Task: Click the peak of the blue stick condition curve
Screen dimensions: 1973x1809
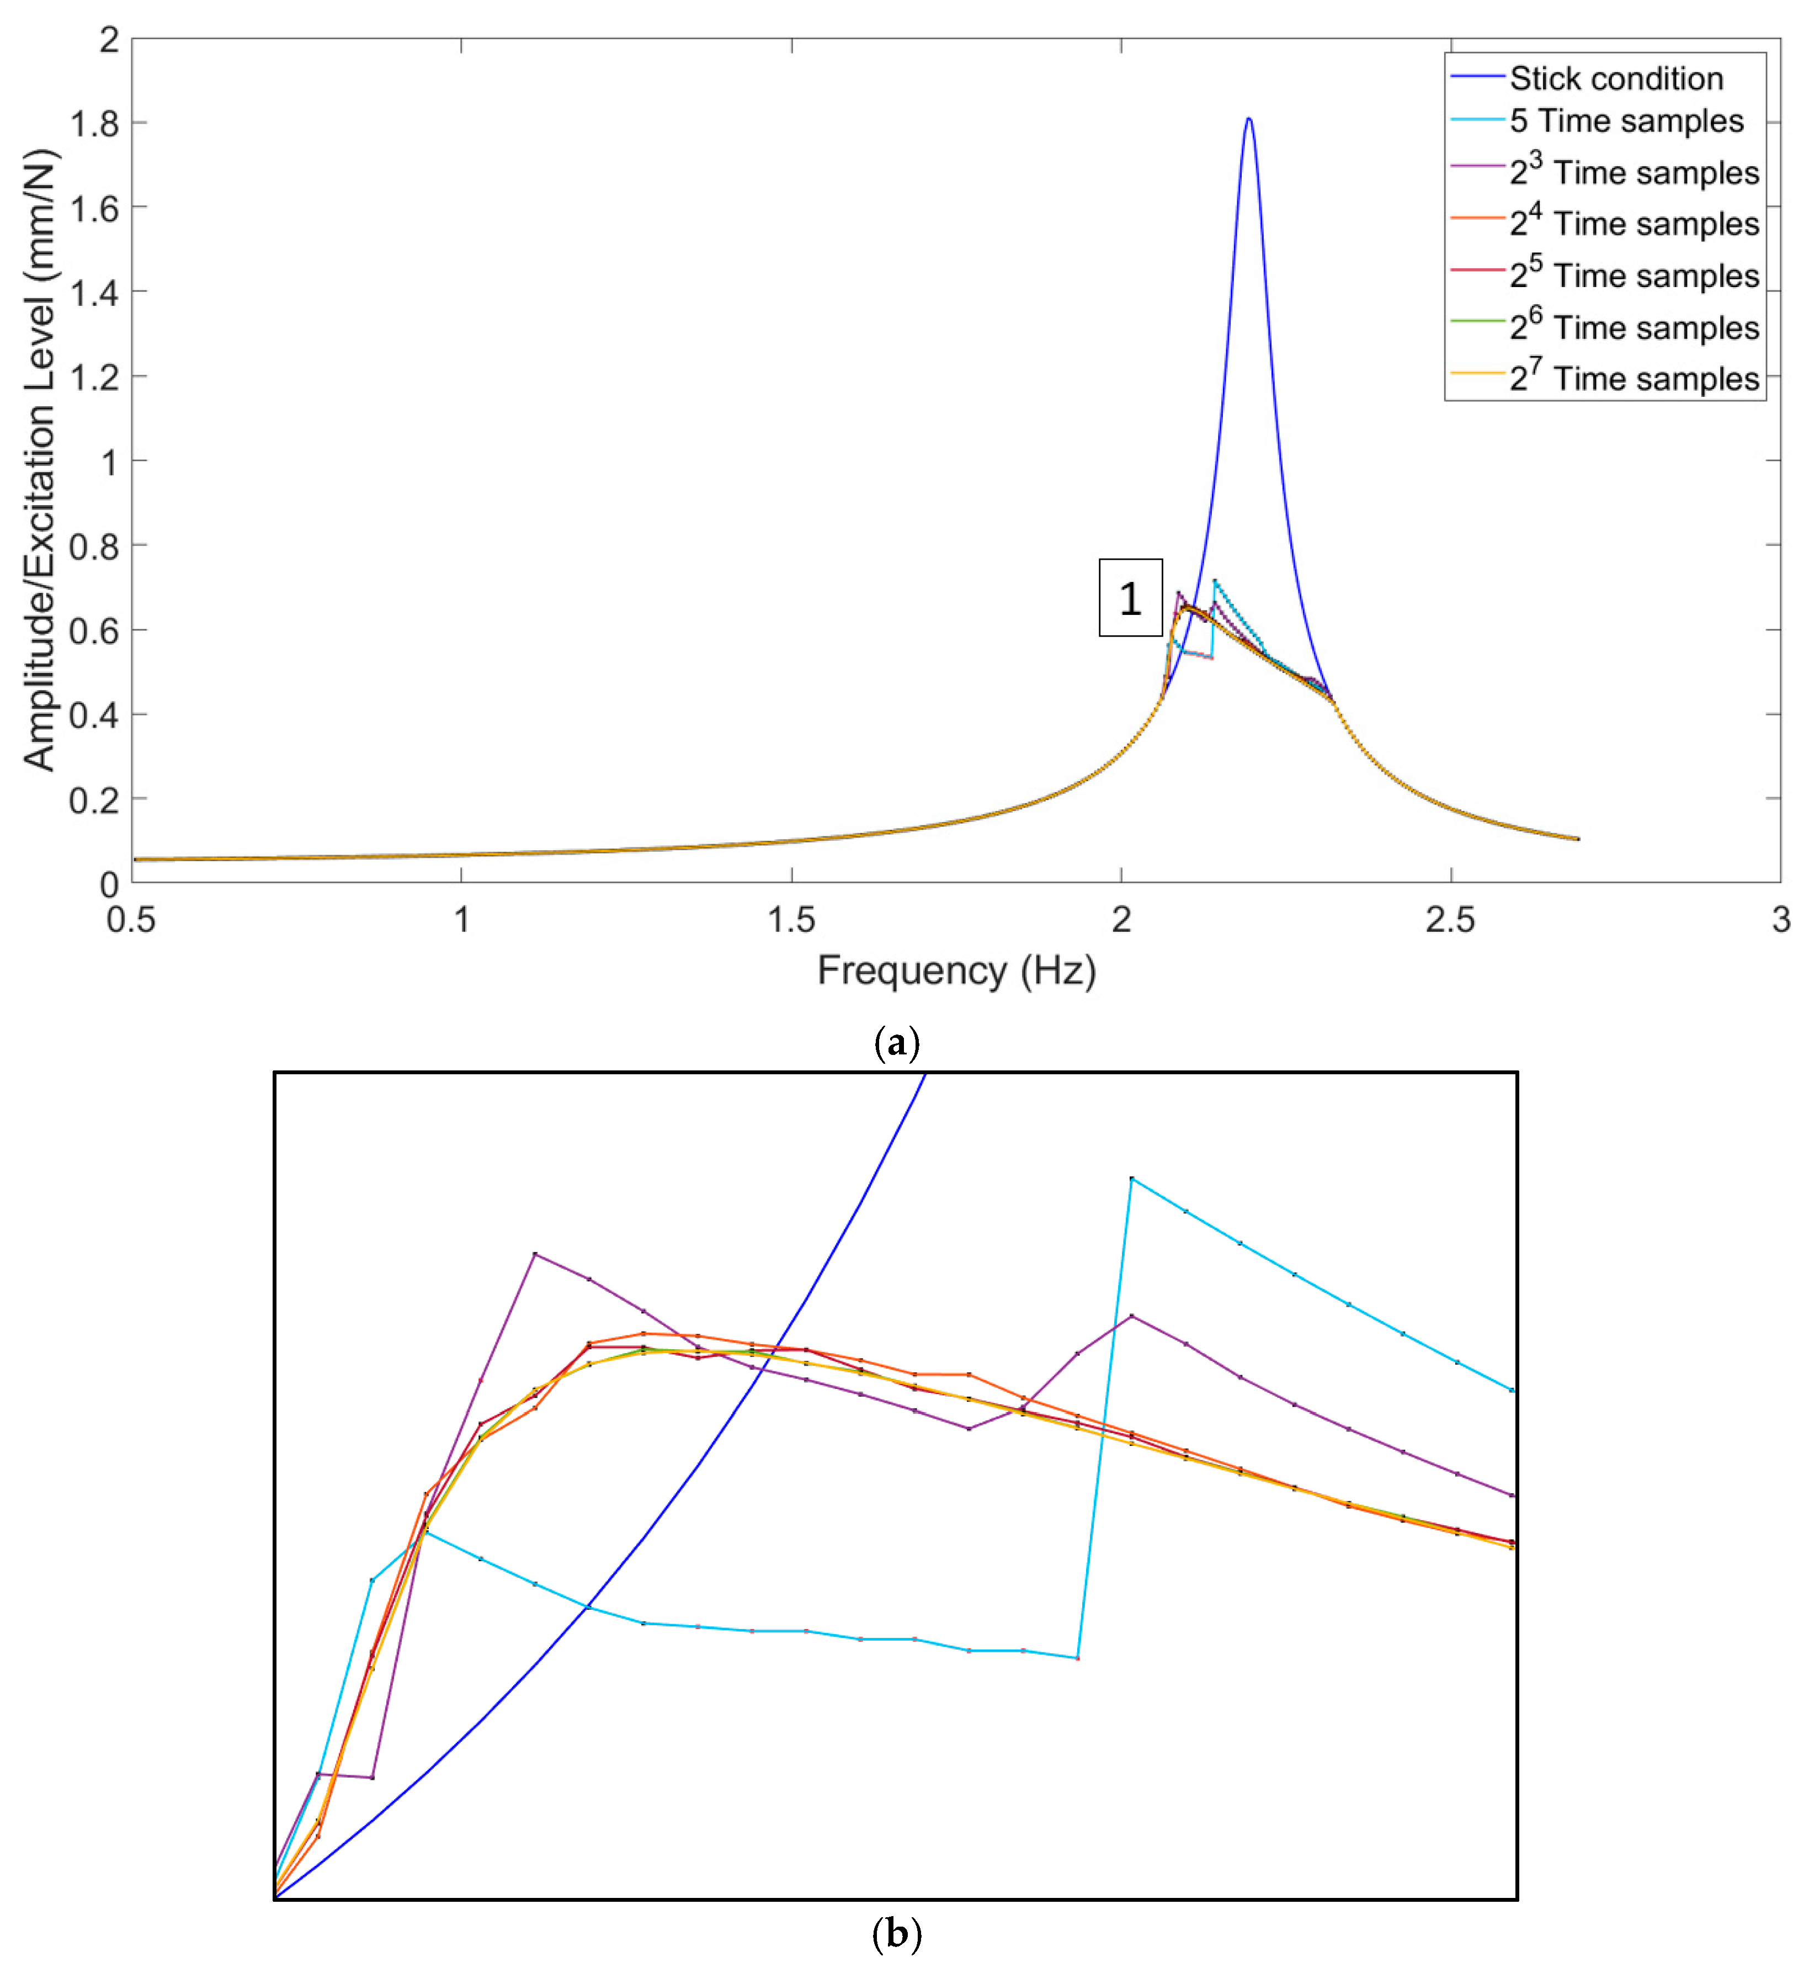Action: (x=1248, y=119)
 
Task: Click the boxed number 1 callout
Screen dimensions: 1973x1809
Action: (x=1131, y=598)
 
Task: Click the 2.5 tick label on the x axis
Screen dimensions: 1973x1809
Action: (x=1450, y=920)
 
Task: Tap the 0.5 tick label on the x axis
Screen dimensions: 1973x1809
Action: (x=131, y=920)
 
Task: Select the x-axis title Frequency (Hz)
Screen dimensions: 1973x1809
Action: (x=956, y=970)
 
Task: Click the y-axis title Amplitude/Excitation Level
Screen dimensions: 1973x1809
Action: (x=39, y=460)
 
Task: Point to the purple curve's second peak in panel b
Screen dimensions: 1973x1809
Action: (x=1132, y=1316)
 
